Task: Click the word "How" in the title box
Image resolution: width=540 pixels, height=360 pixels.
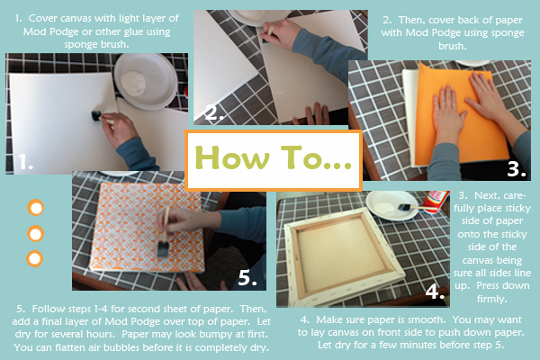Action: tap(232, 157)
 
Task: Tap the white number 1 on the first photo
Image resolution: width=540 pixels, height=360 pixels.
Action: tap(25, 162)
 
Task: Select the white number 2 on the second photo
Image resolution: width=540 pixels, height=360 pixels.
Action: tap(213, 112)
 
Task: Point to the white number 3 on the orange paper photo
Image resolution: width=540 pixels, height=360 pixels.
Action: tap(517, 169)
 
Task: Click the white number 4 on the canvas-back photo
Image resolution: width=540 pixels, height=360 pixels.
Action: tap(435, 291)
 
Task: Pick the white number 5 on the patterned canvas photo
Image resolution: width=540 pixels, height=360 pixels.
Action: tap(247, 277)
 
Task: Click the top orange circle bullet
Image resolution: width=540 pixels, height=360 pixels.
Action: tap(35, 208)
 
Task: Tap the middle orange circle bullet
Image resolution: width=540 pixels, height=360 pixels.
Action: tap(35, 234)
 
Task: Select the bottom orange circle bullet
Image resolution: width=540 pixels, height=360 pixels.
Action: tap(35, 258)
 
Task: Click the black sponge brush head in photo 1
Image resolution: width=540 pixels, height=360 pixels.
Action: tap(95, 115)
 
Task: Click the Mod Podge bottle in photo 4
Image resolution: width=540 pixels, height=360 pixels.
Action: tap(436, 202)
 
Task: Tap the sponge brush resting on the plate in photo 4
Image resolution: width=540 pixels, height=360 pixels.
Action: tap(412, 207)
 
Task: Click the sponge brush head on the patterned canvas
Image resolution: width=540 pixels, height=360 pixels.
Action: tap(163, 249)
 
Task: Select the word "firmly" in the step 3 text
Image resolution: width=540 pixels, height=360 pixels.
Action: tap(490, 298)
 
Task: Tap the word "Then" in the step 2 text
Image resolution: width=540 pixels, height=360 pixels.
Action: tap(412, 20)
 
